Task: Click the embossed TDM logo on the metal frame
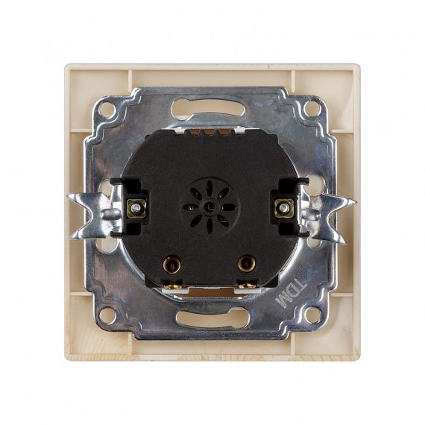pyautogui.click(x=291, y=294)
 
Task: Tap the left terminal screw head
pyautogui.click(x=136, y=209)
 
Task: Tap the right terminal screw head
pyautogui.click(x=284, y=208)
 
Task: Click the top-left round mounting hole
pyautogui.click(x=107, y=109)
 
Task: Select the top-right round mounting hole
pyautogui.click(x=312, y=108)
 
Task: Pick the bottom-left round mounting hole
pyautogui.click(x=107, y=315)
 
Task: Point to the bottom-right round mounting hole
pyautogui.click(x=312, y=315)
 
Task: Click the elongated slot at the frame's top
pyautogui.click(x=207, y=108)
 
